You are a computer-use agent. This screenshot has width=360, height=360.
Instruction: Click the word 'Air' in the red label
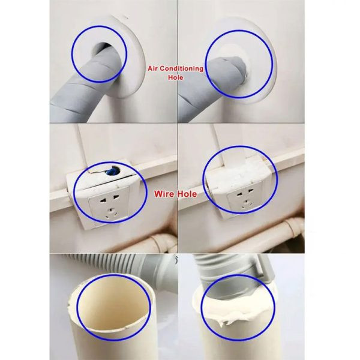pos(152,68)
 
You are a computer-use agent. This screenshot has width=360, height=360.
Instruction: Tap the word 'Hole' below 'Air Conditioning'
pos(175,77)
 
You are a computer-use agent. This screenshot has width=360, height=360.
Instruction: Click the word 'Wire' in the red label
pos(164,194)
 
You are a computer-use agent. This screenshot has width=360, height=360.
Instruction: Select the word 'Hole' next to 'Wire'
pos(187,194)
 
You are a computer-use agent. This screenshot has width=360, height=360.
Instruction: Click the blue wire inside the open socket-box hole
pos(112,171)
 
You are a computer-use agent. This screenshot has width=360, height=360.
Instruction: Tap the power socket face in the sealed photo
pos(245,200)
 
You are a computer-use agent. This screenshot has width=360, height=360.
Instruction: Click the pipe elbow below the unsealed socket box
pos(161,242)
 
